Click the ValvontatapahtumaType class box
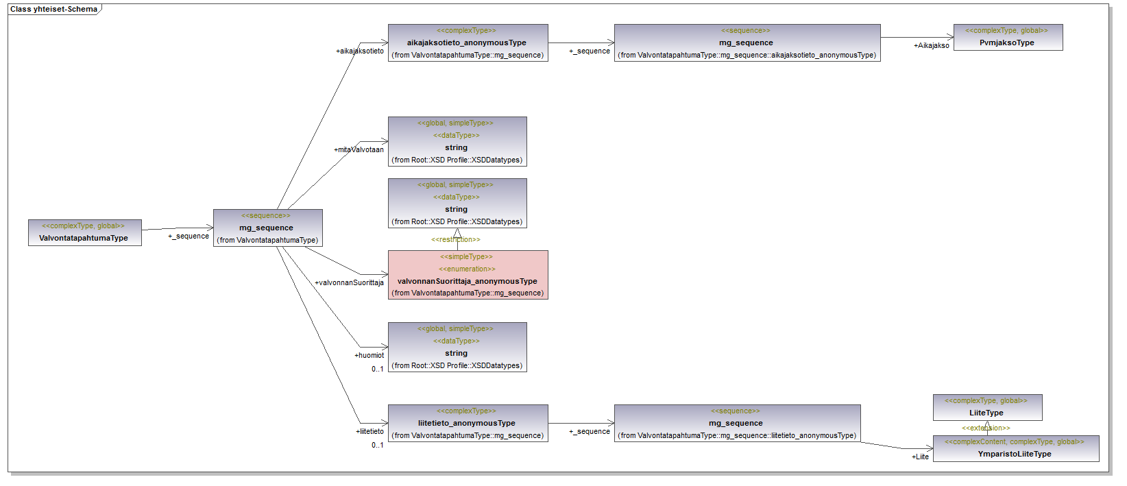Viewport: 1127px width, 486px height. pos(84,232)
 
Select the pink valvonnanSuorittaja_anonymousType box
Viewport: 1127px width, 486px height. pos(468,275)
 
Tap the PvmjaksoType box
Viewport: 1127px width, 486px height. pos(1008,37)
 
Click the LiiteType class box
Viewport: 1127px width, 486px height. pos(987,407)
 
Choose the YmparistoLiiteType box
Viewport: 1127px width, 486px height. pos(1015,448)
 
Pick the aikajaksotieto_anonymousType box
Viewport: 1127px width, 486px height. pos(468,42)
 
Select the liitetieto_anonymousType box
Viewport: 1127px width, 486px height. pos(468,423)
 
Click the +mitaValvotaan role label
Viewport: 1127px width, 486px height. pos(359,149)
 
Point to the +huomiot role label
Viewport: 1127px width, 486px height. pos(369,355)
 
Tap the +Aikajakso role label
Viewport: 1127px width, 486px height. pos(931,45)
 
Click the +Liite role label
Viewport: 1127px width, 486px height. pos(920,457)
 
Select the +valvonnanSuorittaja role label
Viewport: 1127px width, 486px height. pos(349,282)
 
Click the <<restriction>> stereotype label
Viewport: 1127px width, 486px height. pos(455,239)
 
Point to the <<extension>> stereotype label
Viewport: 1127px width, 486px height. pos(986,428)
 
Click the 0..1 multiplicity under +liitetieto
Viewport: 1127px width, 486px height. pos(377,445)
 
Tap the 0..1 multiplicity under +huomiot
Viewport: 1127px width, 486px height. pos(377,369)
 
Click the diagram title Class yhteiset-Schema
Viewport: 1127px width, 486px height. pos(53,9)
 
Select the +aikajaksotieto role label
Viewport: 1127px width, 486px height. pos(359,51)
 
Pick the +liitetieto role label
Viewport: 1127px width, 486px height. pos(369,431)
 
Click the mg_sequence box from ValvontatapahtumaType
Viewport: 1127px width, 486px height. pos(267,228)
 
